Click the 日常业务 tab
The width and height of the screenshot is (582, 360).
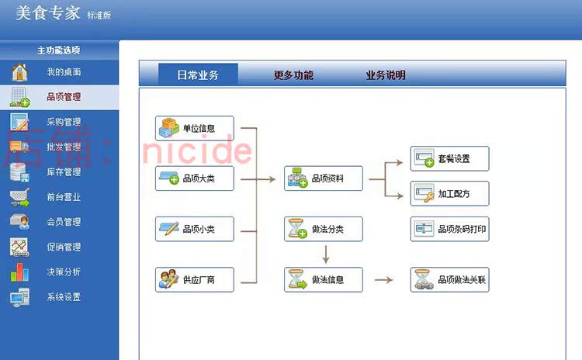(198, 74)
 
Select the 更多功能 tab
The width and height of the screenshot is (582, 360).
(293, 75)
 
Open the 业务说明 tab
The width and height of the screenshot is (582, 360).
(385, 75)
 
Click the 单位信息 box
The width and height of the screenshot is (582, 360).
(195, 129)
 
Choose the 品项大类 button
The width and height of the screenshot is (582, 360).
(195, 178)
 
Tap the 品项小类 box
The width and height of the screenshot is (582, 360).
(195, 229)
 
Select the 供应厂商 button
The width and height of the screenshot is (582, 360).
(195, 280)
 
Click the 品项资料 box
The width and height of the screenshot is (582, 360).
(324, 178)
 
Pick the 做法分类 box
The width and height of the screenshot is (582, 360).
(324, 229)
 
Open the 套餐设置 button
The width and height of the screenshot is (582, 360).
(450, 159)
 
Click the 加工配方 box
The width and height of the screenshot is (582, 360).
(450, 193)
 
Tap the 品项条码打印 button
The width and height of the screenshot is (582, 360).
(450, 229)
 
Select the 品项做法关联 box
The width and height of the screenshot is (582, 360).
(450, 280)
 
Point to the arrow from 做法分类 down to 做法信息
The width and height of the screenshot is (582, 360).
(325, 254)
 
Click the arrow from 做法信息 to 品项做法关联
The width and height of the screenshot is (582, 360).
(384, 280)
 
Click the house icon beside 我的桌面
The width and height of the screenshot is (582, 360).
(19, 72)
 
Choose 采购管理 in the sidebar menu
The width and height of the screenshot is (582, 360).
(64, 122)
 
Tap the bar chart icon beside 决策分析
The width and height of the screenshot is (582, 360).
(19, 272)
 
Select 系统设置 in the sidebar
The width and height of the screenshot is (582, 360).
(64, 297)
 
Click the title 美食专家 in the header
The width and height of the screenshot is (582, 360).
(48, 13)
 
